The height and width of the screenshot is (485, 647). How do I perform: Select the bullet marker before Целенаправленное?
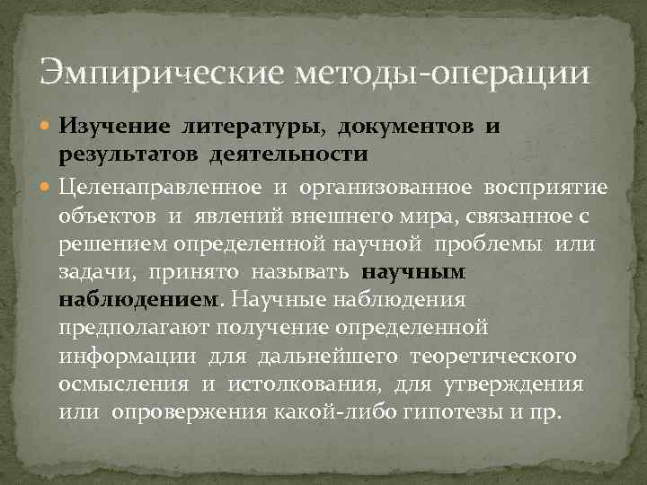click(x=48, y=187)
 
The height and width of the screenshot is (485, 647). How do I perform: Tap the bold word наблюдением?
click(x=138, y=301)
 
